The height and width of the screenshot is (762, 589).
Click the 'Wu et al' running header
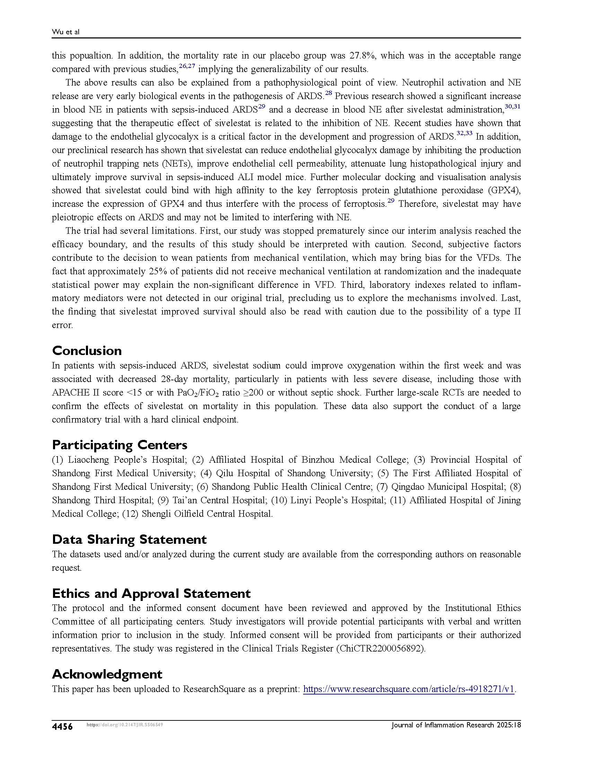click(x=65, y=32)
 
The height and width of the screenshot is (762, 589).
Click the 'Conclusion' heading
click(x=87, y=351)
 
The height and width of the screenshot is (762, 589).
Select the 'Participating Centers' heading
click(x=120, y=445)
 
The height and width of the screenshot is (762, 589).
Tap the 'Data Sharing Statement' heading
click(x=129, y=539)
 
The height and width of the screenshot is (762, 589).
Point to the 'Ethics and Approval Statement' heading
click(x=151, y=593)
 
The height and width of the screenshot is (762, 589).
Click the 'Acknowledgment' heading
click(x=107, y=674)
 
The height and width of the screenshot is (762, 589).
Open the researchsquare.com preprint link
click(x=408, y=689)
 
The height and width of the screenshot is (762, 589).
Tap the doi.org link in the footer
click(x=125, y=725)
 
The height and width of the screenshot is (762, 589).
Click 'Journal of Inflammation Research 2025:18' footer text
click(x=456, y=725)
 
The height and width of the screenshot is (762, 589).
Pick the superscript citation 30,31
click(x=512, y=106)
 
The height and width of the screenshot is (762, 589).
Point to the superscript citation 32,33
click(x=464, y=133)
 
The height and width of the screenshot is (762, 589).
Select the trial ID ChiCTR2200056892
click(x=381, y=649)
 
